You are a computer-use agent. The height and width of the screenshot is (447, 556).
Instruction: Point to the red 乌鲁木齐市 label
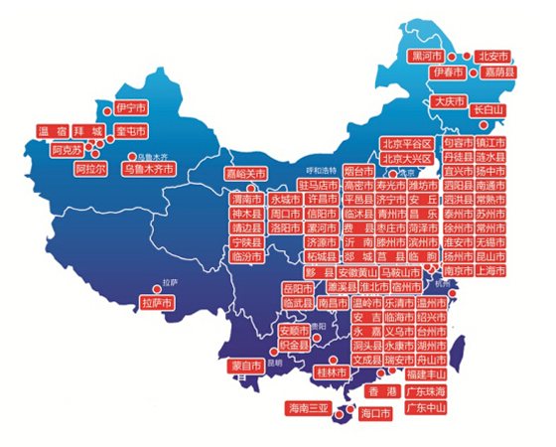click(x=147, y=170)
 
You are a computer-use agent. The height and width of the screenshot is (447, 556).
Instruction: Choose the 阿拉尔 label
click(x=90, y=169)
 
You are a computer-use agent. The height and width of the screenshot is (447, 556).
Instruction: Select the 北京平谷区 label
click(x=406, y=145)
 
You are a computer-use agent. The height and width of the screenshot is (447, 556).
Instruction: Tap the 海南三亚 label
click(x=308, y=408)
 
